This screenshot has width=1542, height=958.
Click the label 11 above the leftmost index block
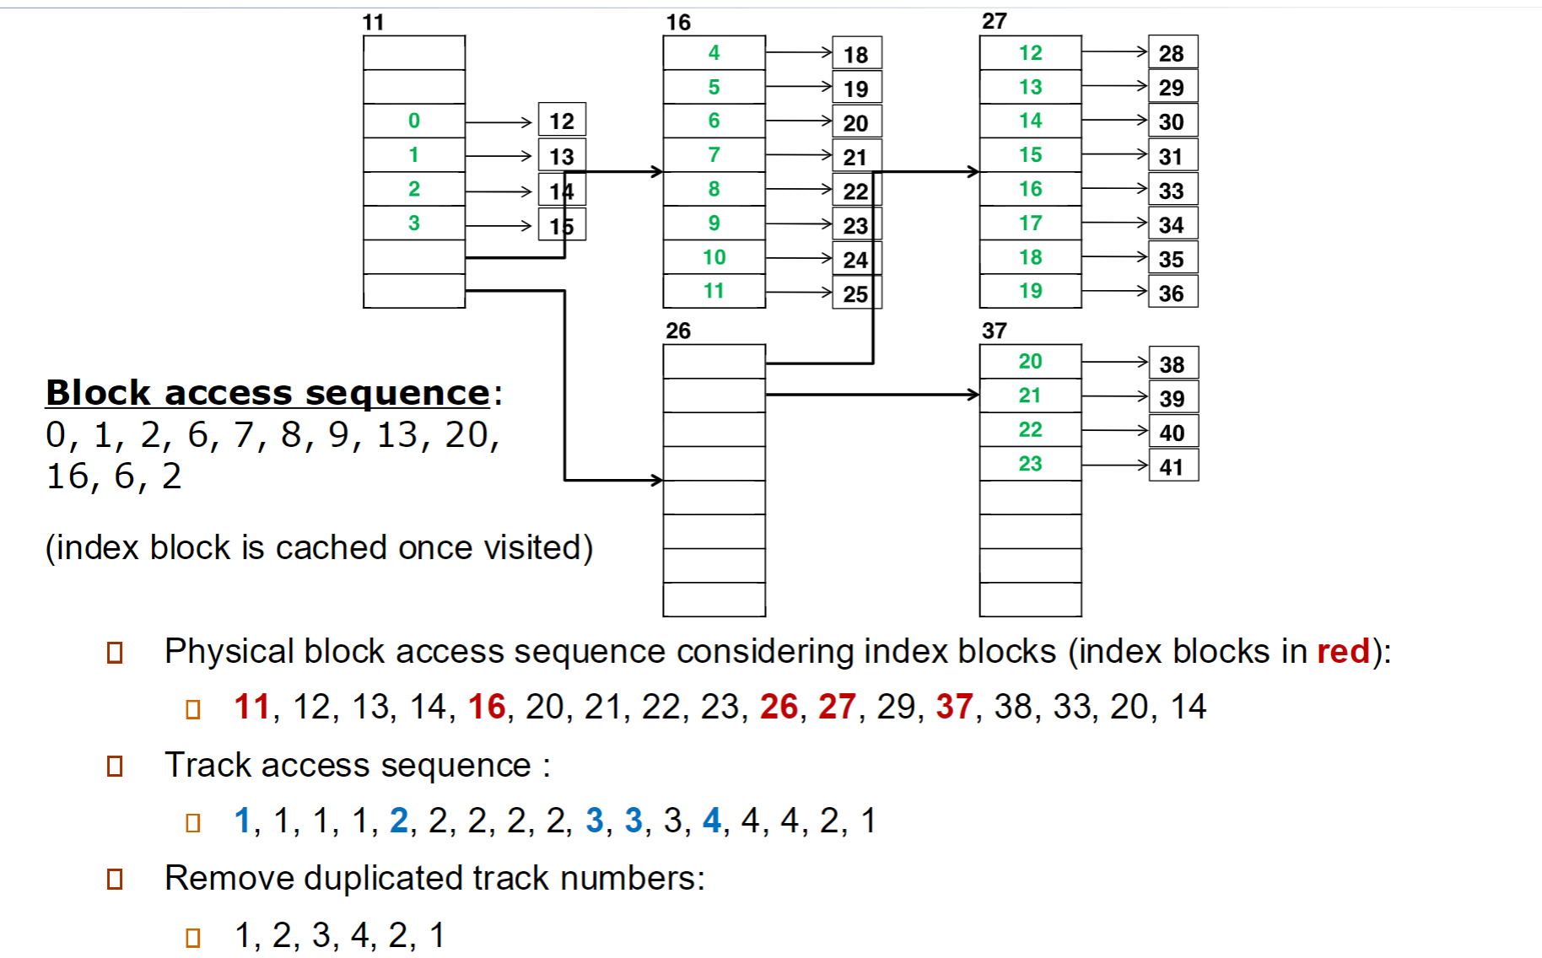click(373, 22)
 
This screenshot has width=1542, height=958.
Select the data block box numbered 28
click(1173, 52)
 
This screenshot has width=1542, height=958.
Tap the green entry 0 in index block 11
click(413, 121)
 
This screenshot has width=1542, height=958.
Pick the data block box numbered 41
click(1173, 466)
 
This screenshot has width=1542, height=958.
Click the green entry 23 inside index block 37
click(1030, 463)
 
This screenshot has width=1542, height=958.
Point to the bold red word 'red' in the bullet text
click(1343, 651)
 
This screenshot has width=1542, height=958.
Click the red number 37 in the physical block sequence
click(954, 707)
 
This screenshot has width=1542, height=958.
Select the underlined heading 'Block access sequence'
click(267, 393)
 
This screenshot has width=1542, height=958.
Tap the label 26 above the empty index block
click(677, 331)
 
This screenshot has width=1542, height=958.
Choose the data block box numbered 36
click(1173, 293)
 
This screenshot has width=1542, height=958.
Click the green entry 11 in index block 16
click(714, 291)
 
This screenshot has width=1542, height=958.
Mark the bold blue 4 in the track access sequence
click(712, 820)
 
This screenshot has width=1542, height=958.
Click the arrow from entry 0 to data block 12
click(499, 122)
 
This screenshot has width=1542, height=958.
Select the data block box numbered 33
click(1173, 190)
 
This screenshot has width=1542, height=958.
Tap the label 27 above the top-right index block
click(995, 21)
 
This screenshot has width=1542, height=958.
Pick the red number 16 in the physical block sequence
click(487, 707)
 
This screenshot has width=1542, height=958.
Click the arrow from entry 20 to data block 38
click(1115, 363)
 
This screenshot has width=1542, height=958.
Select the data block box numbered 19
click(857, 88)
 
